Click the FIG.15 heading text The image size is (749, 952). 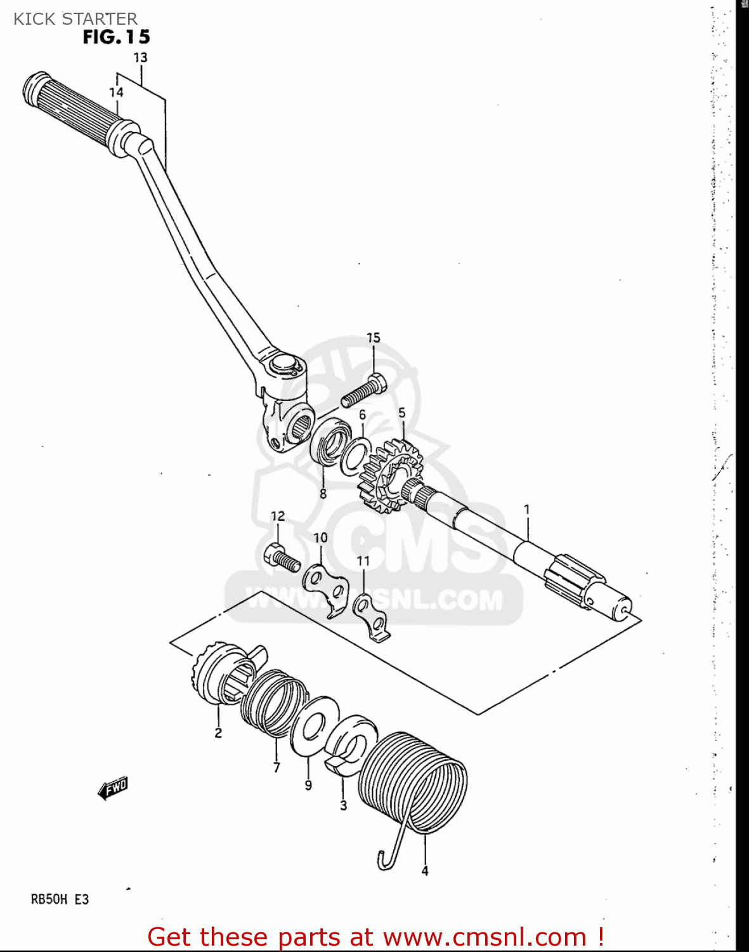coord(116,37)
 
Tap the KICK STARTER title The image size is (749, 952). coord(75,18)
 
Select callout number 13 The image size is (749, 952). coord(140,57)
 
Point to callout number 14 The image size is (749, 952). coord(116,92)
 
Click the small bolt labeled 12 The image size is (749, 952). coord(280,558)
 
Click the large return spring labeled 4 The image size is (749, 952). coord(414,782)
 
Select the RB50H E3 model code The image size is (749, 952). coord(60,899)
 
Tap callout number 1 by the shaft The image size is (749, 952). coord(526,509)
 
